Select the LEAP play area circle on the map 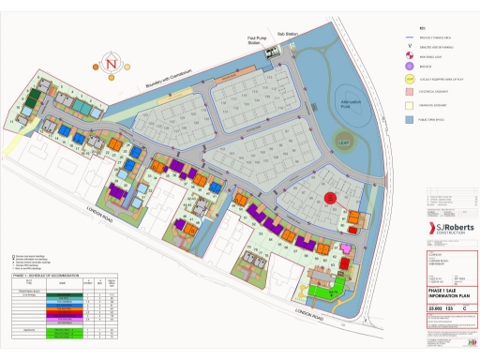point(344,142)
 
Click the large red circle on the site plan point(329,198)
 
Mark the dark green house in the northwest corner point(31,97)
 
